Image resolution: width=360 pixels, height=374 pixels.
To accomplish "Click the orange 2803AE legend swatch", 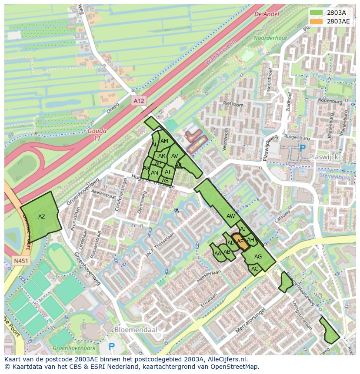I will click(x=317, y=21).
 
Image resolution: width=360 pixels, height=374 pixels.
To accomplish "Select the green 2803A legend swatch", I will click(x=317, y=13).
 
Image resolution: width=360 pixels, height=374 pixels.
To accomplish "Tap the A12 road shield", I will click(x=138, y=101).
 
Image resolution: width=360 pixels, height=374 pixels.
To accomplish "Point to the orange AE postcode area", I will click(x=241, y=242).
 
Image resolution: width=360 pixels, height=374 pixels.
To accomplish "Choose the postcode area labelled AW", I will click(x=230, y=216).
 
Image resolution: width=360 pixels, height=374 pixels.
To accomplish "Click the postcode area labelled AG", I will click(x=258, y=257).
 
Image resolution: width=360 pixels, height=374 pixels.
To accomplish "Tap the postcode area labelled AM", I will click(x=164, y=141).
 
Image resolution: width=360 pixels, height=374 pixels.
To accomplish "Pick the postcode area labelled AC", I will click(x=255, y=269).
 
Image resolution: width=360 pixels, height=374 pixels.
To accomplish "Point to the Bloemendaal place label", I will click(x=135, y=330).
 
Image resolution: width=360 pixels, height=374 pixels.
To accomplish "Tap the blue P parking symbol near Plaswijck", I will click(x=303, y=149).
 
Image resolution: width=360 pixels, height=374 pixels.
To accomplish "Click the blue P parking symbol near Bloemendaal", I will click(x=112, y=347).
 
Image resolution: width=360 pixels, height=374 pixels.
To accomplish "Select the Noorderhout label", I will click(x=270, y=38).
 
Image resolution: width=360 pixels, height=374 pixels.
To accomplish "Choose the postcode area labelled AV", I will click(x=175, y=156).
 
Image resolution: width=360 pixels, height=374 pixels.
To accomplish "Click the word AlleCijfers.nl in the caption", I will click(x=226, y=359).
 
